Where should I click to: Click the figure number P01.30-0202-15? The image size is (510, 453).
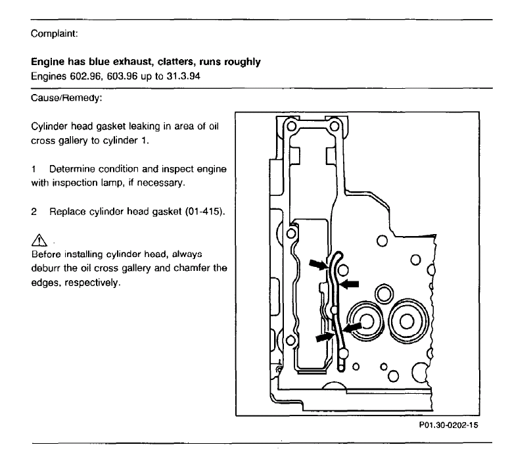pyautogui.click(x=450, y=425)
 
